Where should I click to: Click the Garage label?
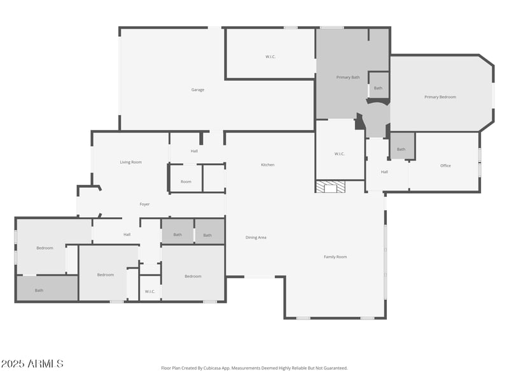pyautogui.click(x=198, y=90)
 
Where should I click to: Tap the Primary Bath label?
pyautogui.click(x=348, y=77)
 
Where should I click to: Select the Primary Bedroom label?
pyautogui.click(x=440, y=97)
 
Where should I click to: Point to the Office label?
pyautogui.click(x=445, y=166)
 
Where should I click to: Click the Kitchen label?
pyautogui.click(x=268, y=165)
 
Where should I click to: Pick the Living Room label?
pyautogui.click(x=131, y=163)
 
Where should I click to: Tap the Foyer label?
pyautogui.click(x=145, y=204)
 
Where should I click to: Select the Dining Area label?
pyautogui.click(x=256, y=237)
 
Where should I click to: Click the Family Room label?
pyautogui.click(x=335, y=257)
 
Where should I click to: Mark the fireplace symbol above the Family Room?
pyautogui.click(x=331, y=187)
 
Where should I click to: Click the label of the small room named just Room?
pyautogui.click(x=186, y=182)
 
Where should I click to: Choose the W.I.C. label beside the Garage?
pyautogui.click(x=270, y=57)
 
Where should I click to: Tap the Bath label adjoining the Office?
pyautogui.click(x=401, y=150)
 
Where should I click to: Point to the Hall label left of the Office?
pyautogui.click(x=384, y=172)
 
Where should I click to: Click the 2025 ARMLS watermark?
pyautogui.click(x=32, y=364)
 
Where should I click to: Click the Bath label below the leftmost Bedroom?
pyautogui.click(x=39, y=290)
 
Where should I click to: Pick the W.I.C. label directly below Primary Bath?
pyautogui.click(x=339, y=154)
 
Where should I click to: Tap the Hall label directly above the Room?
pyautogui.click(x=194, y=152)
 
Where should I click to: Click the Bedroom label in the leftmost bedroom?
pyautogui.click(x=45, y=248)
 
